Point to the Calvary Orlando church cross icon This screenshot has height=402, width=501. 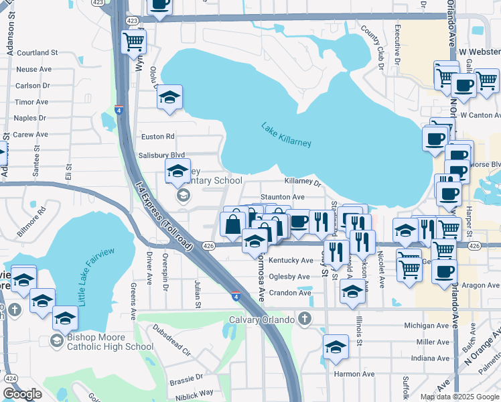point(305,318)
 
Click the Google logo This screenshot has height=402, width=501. point(22,394)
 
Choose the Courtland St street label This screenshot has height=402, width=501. point(38,52)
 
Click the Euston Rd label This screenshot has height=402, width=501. point(158,137)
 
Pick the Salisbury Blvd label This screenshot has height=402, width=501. point(163,155)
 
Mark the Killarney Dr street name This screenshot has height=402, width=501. point(303,182)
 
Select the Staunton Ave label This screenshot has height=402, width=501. point(283,197)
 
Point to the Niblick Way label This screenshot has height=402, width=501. point(196,393)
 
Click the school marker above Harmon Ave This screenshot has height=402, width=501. point(336,348)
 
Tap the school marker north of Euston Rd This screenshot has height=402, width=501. point(170,98)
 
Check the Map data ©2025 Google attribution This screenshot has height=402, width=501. point(459,397)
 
